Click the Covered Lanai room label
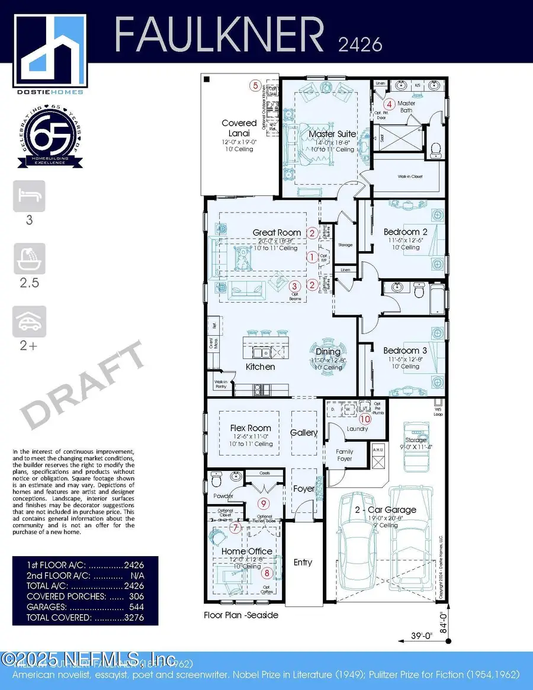239,127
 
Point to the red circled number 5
256,85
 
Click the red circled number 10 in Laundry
365,419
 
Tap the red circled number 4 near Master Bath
390,103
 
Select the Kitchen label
261,367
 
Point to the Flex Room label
251,428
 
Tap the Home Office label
247,551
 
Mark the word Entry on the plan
303,562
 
